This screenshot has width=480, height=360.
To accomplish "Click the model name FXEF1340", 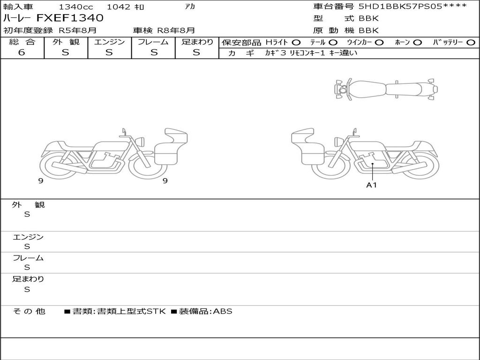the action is [x=70, y=18].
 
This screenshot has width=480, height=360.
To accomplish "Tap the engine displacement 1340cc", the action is [x=76, y=7].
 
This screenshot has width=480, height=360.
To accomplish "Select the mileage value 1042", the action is [x=119, y=7].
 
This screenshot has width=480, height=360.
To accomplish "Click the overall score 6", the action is [x=22, y=52].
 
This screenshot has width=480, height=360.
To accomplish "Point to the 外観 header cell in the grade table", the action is [x=66, y=42].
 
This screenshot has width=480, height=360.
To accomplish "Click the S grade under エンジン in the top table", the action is [x=109, y=52].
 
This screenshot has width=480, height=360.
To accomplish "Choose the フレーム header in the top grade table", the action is [x=153, y=42].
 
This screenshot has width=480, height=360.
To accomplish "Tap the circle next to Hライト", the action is [x=296, y=43].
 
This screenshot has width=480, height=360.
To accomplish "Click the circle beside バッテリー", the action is [x=471, y=43].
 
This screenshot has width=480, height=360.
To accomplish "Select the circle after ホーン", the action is [x=417, y=43].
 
